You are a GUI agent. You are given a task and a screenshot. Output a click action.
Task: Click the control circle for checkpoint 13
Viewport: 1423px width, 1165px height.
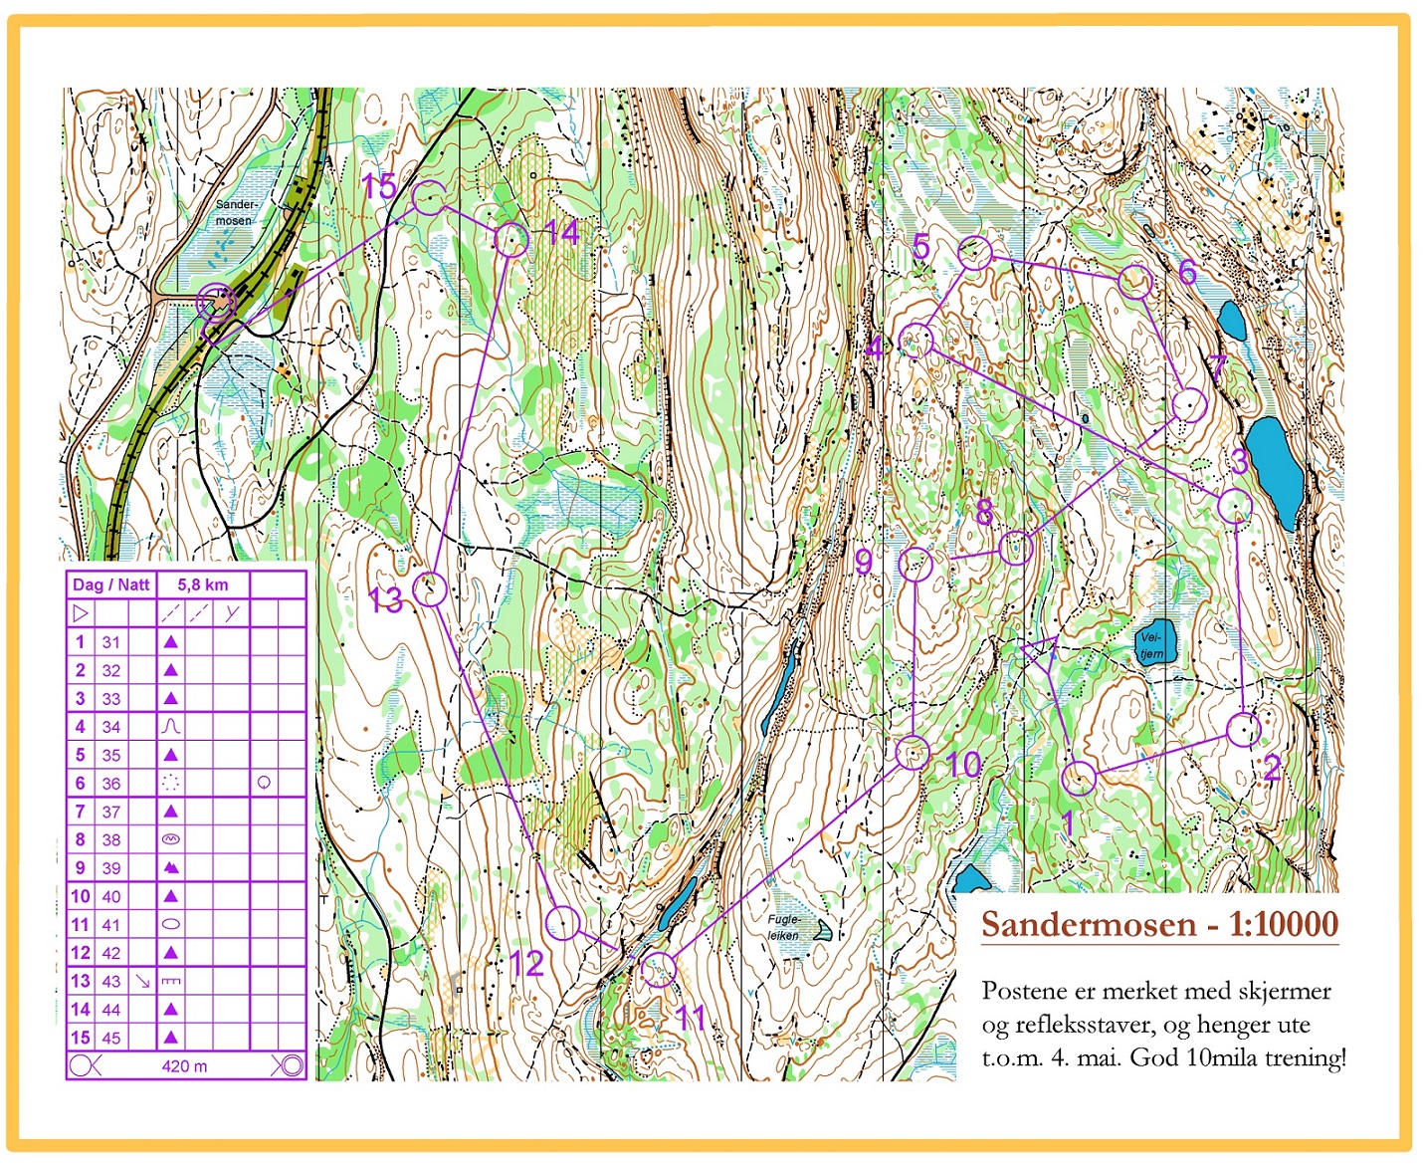click(430, 588)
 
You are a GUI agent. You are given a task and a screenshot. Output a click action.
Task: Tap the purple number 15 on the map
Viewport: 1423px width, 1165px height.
click(379, 186)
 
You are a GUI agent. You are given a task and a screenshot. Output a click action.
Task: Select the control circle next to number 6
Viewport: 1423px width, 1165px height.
click(1135, 282)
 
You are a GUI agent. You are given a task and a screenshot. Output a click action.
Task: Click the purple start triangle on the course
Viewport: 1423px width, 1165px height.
click(1039, 652)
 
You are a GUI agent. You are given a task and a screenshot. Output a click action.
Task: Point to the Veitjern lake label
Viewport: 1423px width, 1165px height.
click(1151, 645)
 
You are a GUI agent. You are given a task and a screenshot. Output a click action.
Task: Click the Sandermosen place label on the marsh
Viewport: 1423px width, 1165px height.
click(236, 212)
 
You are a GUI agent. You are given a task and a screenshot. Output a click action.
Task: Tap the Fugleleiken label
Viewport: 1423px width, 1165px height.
click(783, 927)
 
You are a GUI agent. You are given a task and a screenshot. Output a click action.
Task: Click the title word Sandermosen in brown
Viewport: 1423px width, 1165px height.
click(1088, 924)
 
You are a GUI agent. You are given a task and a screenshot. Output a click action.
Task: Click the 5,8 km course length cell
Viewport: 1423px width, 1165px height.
click(202, 584)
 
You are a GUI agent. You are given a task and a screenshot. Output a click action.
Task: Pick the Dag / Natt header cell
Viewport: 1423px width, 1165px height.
click(110, 584)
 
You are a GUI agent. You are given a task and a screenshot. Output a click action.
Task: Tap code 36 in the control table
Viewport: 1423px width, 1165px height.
click(110, 784)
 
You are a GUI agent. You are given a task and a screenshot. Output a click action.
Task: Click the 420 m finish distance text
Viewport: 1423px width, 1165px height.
click(184, 1066)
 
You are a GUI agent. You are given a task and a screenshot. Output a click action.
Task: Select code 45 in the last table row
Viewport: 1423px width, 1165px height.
click(110, 1038)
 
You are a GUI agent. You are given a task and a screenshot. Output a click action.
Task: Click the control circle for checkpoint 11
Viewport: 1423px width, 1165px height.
click(659, 968)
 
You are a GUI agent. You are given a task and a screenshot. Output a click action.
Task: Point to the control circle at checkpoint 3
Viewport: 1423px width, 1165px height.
click(1235, 506)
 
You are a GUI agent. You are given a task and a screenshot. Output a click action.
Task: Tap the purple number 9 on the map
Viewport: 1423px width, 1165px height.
click(864, 562)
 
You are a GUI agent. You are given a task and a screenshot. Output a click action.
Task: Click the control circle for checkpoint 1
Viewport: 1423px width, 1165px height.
click(1080, 778)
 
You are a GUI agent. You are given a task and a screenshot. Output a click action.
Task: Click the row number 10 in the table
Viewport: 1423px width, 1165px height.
click(81, 896)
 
